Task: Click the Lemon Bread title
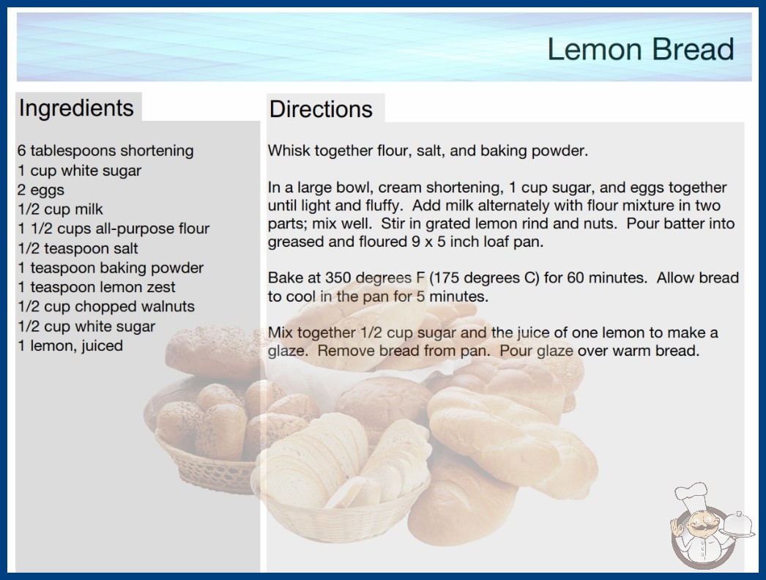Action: click(x=641, y=49)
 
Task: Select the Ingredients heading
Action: click(x=76, y=108)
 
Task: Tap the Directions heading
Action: click(x=321, y=109)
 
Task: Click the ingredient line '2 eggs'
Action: click(x=41, y=190)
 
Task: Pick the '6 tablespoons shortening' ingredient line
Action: click(x=105, y=151)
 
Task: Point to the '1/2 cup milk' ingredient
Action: click(x=60, y=209)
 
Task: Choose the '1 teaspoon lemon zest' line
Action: click(x=96, y=287)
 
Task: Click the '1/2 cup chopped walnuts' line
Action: click(x=106, y=306)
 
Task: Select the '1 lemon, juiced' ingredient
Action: click(x=70, y=346)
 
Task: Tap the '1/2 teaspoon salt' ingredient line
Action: click(x=78, y=248)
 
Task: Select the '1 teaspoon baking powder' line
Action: click(x=111, y=268)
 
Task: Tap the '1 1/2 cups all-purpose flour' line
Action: click(x=114, y=228)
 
